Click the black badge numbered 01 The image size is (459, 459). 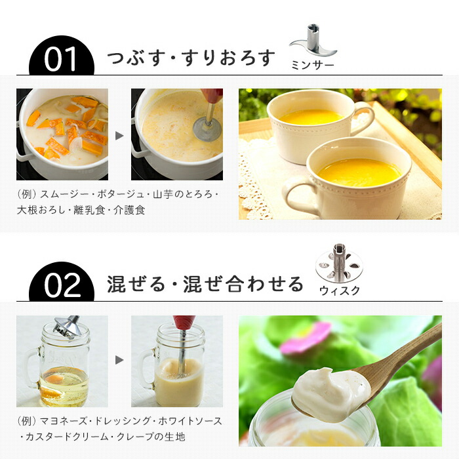pyautogui.click(x=62, y=57)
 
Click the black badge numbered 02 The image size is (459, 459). pyautogui.click(x=62, y=283)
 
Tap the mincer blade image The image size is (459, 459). pyautogui.click(x=313, y=41)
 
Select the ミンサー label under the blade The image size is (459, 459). pyautogui.click(x=313, y=65)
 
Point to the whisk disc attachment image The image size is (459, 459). pyautogui.click(x=339, y=263)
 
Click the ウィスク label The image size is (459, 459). pyautogui.click(x=340, y=290)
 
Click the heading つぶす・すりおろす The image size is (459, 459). pyautogui.click(x=191, y=58)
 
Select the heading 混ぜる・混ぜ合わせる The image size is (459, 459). pyautogui.click(x=205, y=284)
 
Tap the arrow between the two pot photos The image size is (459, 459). pyautogui.click(x=119, y=136)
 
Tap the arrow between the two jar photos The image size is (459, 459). pyautogui.click(x=119, y=360)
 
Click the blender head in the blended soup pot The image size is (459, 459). pyautogui.click(x=207, y=129)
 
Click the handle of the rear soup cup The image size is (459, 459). pyautogui.click(x=365, y=121)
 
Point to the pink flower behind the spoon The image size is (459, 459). pyautogui.click(x=306, y=338)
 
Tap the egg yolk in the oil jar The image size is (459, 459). pyautogui.click(x=54, y=380)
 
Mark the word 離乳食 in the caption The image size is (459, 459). pyautogui.click(x=89, y=210)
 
